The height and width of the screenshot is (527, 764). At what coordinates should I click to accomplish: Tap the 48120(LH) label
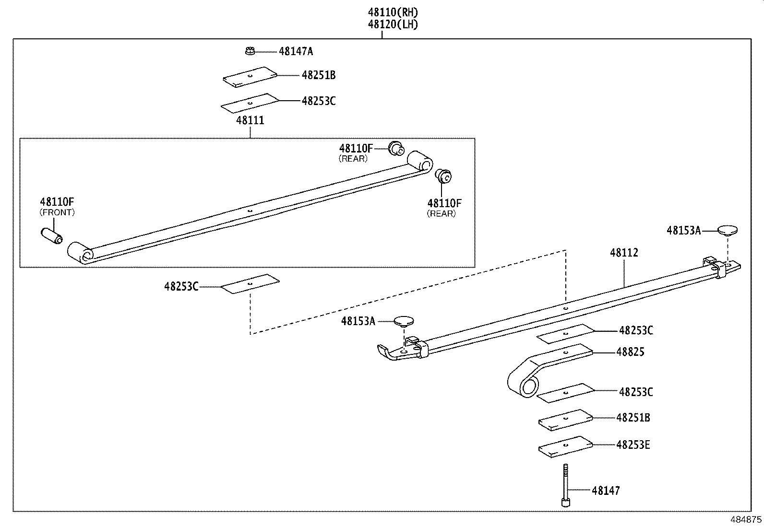pos(393,24)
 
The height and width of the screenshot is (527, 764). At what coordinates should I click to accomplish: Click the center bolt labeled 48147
pos(566,484)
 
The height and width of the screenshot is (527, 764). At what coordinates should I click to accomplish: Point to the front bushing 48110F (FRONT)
pos(52,236)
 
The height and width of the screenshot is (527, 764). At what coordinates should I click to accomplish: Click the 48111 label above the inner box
pos(250,120)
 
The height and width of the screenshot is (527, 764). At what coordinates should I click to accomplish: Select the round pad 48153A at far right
pos(728,230)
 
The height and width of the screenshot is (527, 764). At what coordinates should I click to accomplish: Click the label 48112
pos(624,253)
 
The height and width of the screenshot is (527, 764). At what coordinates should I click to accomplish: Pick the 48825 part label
pos(630,352)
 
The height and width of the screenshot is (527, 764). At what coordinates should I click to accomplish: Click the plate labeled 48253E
pos(566,446)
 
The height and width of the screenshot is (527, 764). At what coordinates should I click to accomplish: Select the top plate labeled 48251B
pos(250,77)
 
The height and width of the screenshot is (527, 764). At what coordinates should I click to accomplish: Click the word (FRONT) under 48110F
pos(57,212)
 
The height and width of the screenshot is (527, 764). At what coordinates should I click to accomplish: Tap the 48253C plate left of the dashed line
pos(250,284)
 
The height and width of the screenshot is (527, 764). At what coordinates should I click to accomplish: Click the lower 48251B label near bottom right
pos(633,418)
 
